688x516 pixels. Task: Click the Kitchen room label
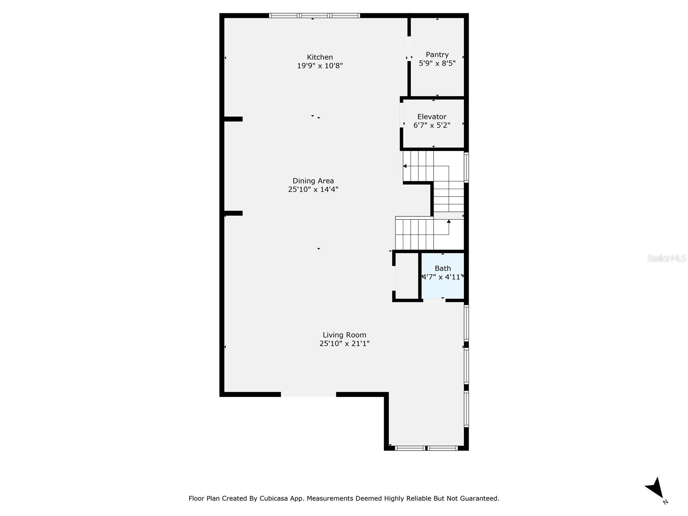click(320, 57)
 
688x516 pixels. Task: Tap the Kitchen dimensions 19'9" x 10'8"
click(320, 66)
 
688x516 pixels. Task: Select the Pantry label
click(437, 55)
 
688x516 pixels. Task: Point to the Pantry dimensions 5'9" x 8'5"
click(437, 63)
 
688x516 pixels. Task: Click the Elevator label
click(432, 117)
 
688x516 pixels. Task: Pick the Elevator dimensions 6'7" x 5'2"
click(432, 125)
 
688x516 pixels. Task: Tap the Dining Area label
click(313, 181)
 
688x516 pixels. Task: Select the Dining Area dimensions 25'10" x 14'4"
click(313, 189)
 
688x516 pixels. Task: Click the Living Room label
click(344, 335)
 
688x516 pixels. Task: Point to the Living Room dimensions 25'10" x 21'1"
click(344, 344)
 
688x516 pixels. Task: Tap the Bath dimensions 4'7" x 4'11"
click(442, 277)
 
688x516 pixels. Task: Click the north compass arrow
click(655, 488)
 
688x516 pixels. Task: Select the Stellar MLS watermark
click(666, 258)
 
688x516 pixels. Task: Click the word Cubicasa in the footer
click(273, 499)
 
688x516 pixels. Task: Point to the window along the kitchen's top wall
click(314, 16)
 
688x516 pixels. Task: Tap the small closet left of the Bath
click(406, 276)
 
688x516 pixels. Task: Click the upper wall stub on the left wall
click(233, 119)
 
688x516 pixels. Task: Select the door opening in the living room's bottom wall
click(308, 394)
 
